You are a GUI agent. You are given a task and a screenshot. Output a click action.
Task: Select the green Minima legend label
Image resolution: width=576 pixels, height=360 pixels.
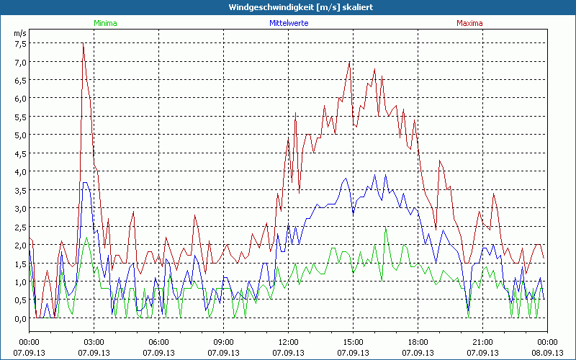tap(104, 23)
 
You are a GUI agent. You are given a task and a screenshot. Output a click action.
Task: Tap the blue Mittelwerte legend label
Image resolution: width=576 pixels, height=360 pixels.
tap(289, 23)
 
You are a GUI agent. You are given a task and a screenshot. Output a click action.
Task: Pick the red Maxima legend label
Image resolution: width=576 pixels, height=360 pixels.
tap(469, 23)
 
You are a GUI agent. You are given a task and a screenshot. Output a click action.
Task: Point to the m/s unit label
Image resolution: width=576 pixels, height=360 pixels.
tap(19, 33)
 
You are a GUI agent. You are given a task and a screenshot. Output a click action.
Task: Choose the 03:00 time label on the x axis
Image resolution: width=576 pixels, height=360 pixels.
tap(94, 341)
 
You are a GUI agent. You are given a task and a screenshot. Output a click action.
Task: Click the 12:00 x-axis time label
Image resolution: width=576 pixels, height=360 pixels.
tap(288, 341)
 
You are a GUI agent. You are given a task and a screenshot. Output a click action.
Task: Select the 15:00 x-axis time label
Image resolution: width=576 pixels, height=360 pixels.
tap(353, 341)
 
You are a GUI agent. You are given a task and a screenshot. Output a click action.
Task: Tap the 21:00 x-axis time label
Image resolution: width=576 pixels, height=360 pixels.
tap(482, 341)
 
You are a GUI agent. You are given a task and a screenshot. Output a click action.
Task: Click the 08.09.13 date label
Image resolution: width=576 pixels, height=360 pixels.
tap(547, 353)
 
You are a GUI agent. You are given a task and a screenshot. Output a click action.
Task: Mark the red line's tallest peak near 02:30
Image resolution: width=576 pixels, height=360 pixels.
tap(84, 45)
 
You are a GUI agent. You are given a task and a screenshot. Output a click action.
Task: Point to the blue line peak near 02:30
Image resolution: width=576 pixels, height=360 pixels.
tap(85, 183)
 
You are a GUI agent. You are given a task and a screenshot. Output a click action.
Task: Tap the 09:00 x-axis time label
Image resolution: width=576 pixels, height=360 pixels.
tap(223, 341)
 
